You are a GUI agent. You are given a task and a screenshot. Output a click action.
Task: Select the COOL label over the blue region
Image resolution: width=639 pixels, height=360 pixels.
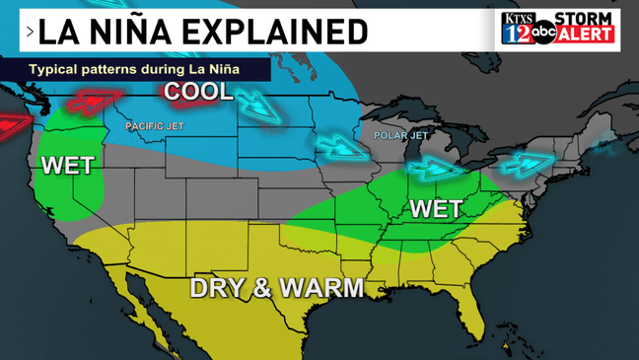pyautogui.click(x=198, y=92)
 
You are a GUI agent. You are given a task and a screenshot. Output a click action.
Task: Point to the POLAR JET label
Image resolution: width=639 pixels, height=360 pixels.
pyautogui.click(x=401, y=134)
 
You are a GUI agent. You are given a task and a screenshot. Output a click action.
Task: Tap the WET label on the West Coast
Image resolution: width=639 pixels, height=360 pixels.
pyautogui.click(x=66, y=165)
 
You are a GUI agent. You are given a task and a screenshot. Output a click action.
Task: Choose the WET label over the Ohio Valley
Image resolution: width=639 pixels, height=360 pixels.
pyautogui.click(x=435, y=208)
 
